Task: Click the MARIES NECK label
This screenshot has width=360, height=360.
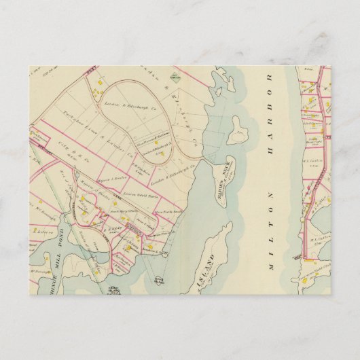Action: click(220, 169)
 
